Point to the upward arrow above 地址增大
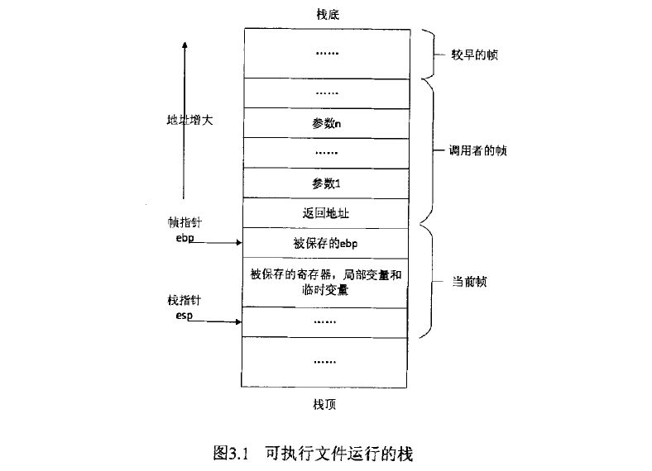pyautogui.click(x=183, y=74)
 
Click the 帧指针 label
pyautogui.click(x=183, y=223)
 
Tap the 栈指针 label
pyautogui.click(x=183, y=301)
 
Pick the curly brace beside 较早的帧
pyautogui.click(x=429, y=55)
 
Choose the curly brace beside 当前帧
pyautogui.click(x=429, y=282)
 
